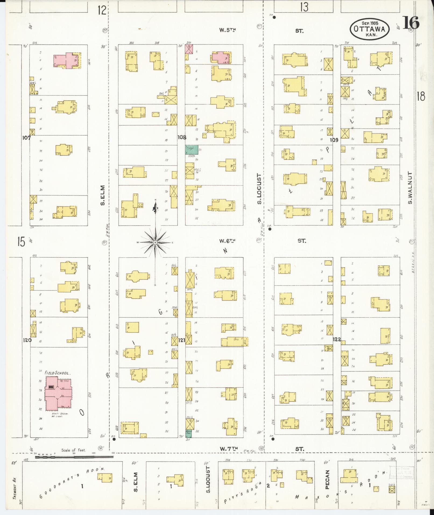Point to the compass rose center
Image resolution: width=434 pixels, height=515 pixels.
click(155, 243)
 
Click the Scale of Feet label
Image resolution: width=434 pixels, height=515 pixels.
click(73, 450)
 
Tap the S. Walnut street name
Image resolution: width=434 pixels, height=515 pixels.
click(410, 188)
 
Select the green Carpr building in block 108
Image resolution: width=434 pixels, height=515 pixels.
click(192, 150)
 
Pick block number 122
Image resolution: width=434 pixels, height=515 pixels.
click(337, 339)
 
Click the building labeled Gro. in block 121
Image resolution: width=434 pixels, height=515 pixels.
click(234, 342)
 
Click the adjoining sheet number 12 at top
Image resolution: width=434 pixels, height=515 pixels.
click(102, 10)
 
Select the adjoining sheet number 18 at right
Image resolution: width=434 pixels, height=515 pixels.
click(421, 96)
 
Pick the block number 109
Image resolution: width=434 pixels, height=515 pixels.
click(334, 140)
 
